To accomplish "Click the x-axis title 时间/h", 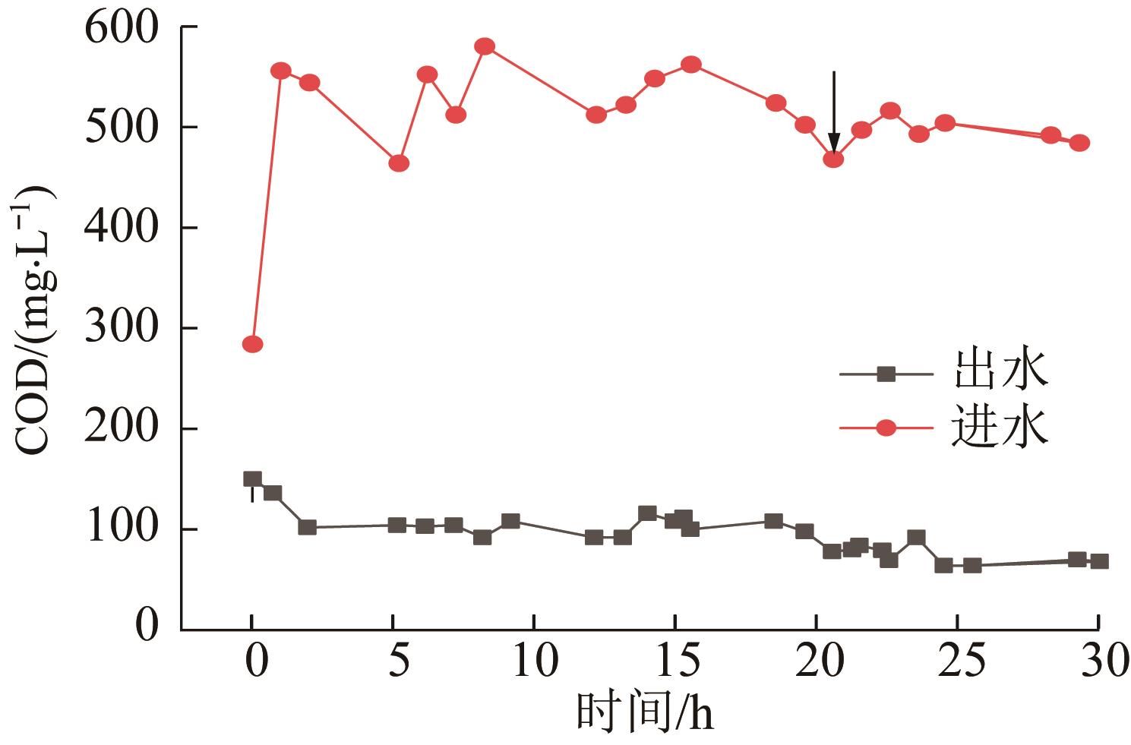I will [x=645, y=713].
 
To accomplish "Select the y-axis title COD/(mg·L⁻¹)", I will [x=34, y=319].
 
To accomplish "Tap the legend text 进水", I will [x=998, y=427].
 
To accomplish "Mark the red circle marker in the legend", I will [x=886, y=428].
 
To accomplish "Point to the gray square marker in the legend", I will [x=886, y=373].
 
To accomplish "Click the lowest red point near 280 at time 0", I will [x=252, y=344].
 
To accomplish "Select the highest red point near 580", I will [x=485, y=46].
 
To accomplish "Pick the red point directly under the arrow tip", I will [x=833, y=159].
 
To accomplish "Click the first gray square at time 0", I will [x=252, y=478].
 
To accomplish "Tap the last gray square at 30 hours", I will [x=1098, y=561].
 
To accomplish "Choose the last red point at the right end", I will [x=1079, y=143].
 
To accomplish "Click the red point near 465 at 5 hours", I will [x=399, y=163].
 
